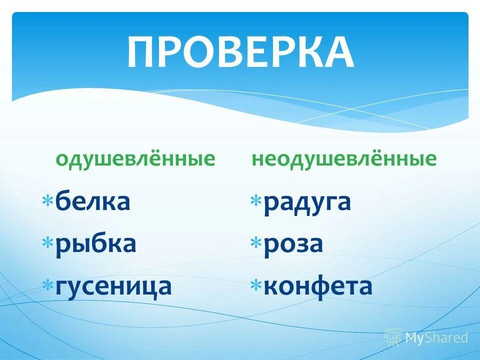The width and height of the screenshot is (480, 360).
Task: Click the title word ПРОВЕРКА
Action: click(240, 52)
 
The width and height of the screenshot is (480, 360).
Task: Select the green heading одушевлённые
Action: click(135, 159)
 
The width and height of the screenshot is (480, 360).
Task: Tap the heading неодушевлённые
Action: click(344, 159)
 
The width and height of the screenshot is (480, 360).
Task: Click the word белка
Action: click(93, 201)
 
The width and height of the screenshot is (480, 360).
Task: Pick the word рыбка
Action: click(95, 244)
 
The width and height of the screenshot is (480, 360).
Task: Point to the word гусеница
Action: click(113, 286)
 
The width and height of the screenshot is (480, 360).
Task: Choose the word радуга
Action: click(307, 202)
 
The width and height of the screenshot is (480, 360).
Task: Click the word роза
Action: click(293, 244)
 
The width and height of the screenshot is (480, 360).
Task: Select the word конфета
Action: click(318, 286)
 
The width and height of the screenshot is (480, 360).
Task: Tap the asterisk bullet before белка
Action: click(48, 201)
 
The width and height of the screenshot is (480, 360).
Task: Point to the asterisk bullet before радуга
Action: click(256, 201)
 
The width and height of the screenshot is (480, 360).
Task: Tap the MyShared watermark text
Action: click(436, 338)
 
